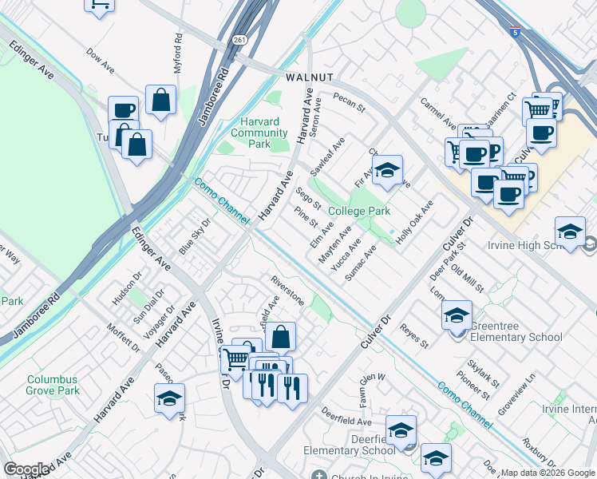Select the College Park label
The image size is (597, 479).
pyautogui.click(x=359, y=212)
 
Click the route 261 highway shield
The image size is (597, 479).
pyautogui.click(x=240, y=39)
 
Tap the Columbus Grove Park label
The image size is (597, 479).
pyautogui.click(x=53, y=386)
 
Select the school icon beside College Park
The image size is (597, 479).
pyautogui.click(x=388, y=170)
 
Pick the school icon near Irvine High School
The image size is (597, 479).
pyautogui.click(x=570, y=232)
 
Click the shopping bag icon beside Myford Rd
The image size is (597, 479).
pyautogui.click(x=161, y=101)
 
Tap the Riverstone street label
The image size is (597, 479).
pyautogui.click(x=287, y=291)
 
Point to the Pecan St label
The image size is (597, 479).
pyautogui.click(x=349, y=103)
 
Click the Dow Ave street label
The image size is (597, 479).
pyautogui.click(x=101, y=65)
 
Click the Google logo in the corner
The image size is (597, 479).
pyautogui.click(x=26, y=470)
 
